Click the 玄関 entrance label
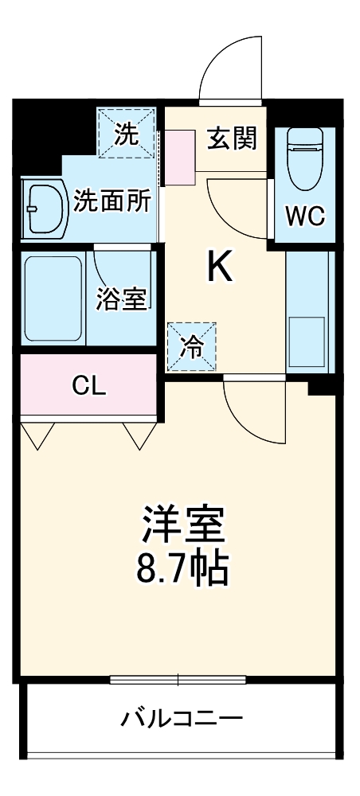coord(233,139)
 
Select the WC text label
coord(305,217)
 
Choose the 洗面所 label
coord(112,201)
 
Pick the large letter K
coord(220,268)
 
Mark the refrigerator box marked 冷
coord(191,346)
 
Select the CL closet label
coord(88,387)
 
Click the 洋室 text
coord(183,525)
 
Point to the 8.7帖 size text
coord(183,568)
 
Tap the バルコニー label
coord(182,720)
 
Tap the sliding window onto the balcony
coord(178,679)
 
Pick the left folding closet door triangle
coord(37,434)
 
